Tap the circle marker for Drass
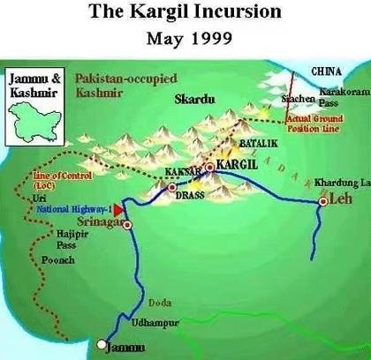tap(172, 187)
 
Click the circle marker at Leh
tap(323, 202)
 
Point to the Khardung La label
tap(340, 183)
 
